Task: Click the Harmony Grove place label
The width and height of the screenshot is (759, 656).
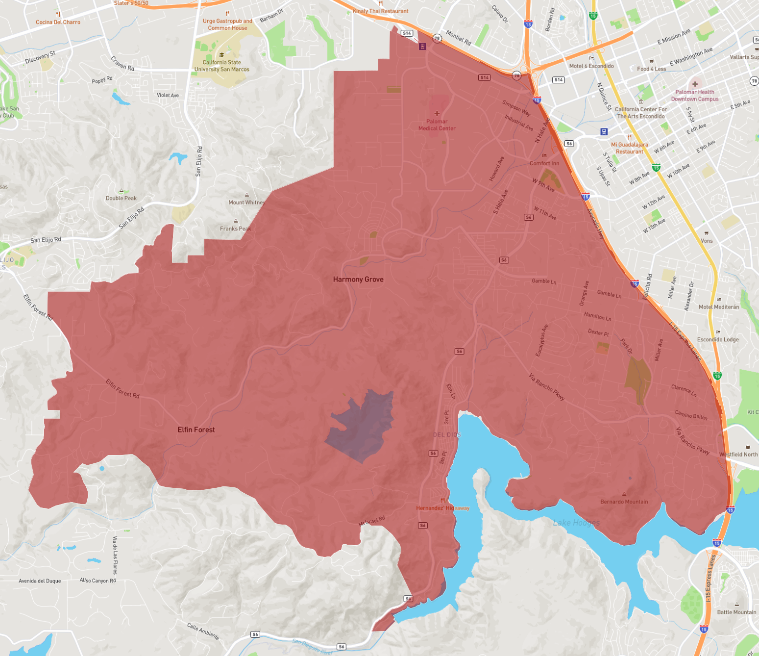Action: click(x=358, y=279)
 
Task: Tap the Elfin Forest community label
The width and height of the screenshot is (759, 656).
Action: click(x=196, y=429)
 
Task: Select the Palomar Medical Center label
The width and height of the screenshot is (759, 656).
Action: click(x=437, y=125)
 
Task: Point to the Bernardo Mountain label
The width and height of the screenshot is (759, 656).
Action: click(x=624, y=502)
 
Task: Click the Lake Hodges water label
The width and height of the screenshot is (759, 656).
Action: click(x=576, y=523)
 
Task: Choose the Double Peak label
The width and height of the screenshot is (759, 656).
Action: click(x=121, y=198)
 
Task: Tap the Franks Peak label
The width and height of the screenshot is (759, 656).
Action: click(x=235, y=228)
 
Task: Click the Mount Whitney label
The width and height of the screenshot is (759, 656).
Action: click(x=246, y=202)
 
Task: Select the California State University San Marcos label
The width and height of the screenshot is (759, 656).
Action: click(x=221, y=66)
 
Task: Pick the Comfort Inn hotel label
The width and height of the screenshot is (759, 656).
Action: click(x=544, y=163)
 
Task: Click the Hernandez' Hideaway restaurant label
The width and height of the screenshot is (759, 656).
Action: click(x=442, y=508)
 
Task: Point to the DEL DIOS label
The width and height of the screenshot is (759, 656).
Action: click(x=447, y=435)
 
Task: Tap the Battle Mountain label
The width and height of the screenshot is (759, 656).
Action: click(x=736, y=612)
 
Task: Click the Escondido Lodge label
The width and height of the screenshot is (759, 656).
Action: click(x=718, y=339)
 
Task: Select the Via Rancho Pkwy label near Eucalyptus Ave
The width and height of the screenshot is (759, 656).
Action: click(x=546, y=387)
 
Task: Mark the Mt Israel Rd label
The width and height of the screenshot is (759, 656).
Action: click(x=372, y=521)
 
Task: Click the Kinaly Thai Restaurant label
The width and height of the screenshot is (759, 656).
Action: click(x=381, y=11)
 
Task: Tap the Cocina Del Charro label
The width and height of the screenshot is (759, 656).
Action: click(x=58, y=22)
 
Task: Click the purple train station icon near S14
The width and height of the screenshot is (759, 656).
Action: click(x=422, y=47)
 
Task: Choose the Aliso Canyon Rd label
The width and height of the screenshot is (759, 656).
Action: click(x=98, y=580)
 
